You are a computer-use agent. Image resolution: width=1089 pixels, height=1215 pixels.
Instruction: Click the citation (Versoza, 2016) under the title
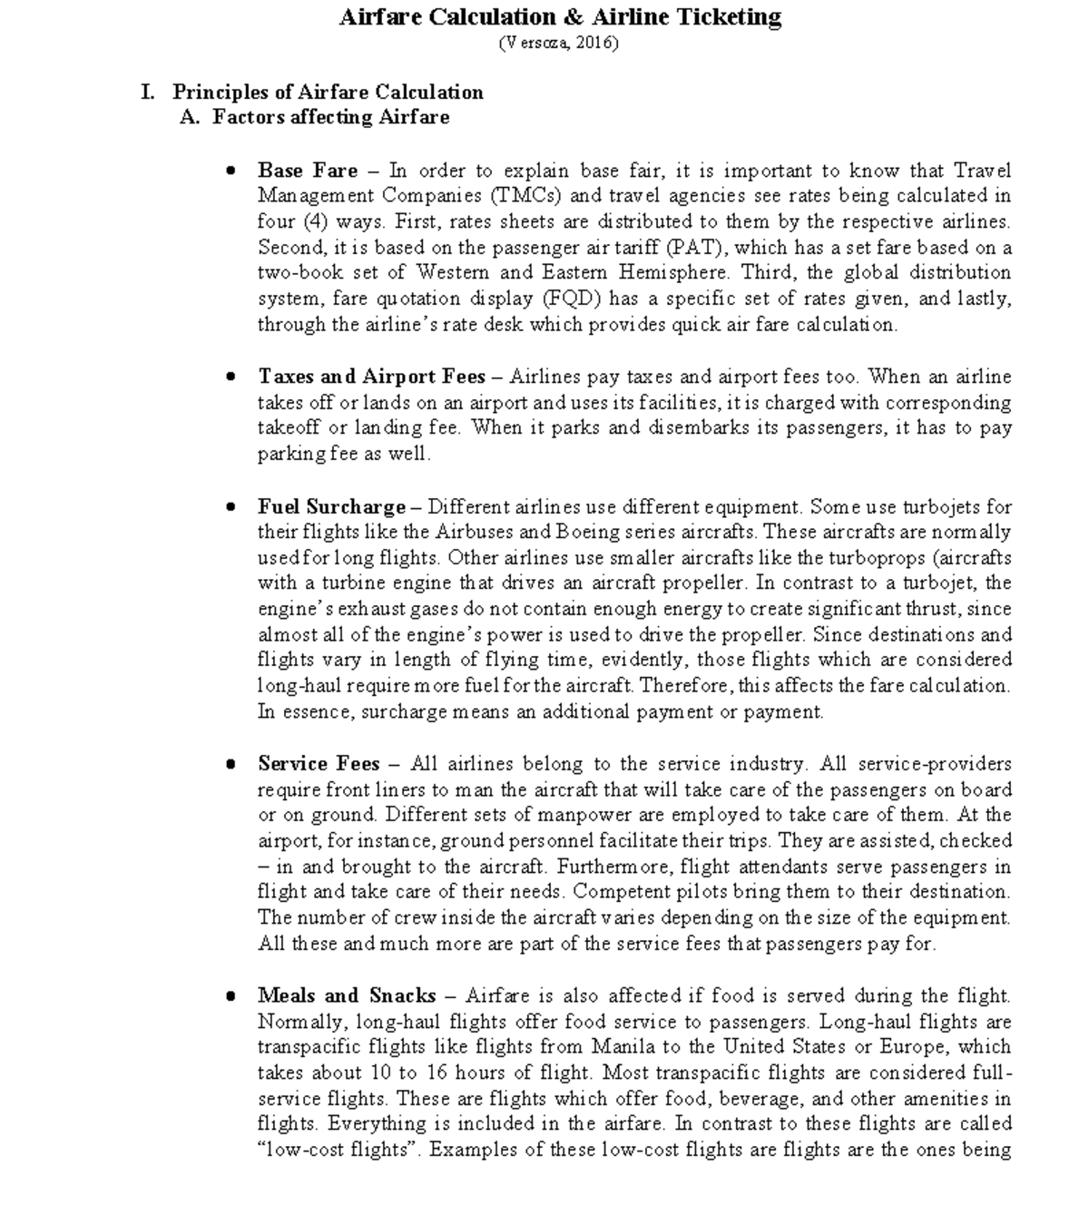click(x=559, y=43)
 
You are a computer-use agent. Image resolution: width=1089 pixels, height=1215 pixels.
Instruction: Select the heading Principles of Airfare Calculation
click(x=328, y=92)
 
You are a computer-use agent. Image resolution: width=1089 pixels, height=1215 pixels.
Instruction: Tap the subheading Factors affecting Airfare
click(x=330, y=117)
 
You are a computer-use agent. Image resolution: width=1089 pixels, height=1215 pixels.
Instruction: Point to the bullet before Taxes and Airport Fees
click(x=232, y=377)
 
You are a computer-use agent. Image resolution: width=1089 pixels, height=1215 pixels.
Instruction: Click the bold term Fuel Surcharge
click(x=331, y=506)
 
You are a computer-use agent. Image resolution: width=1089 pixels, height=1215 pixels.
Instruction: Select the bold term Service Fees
click(x=319, y=763)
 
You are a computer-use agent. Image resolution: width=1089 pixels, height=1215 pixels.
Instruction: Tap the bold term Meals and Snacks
click(x=347, y=995)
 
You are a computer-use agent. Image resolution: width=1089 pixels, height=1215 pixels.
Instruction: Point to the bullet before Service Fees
click(x=232, y=764)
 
